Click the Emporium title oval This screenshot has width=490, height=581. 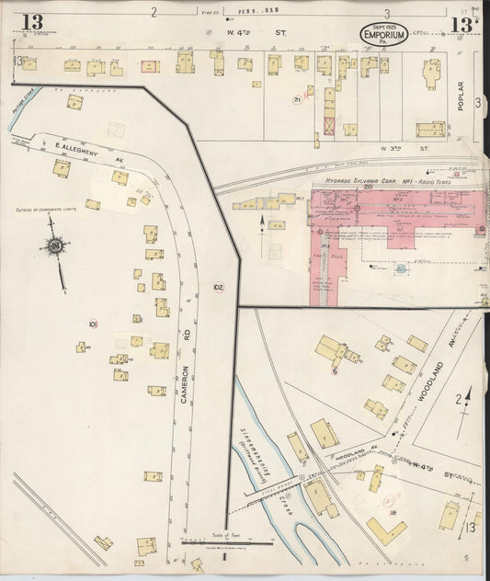(385, 34)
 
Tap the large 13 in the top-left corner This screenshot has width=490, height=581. (32, 21)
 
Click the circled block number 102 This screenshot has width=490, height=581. (218, 287)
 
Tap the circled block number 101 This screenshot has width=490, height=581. (93, 324)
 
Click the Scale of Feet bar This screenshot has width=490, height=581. (223, 548)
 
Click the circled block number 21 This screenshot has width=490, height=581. (297, 99)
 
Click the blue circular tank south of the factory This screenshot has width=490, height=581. (401, 268)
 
